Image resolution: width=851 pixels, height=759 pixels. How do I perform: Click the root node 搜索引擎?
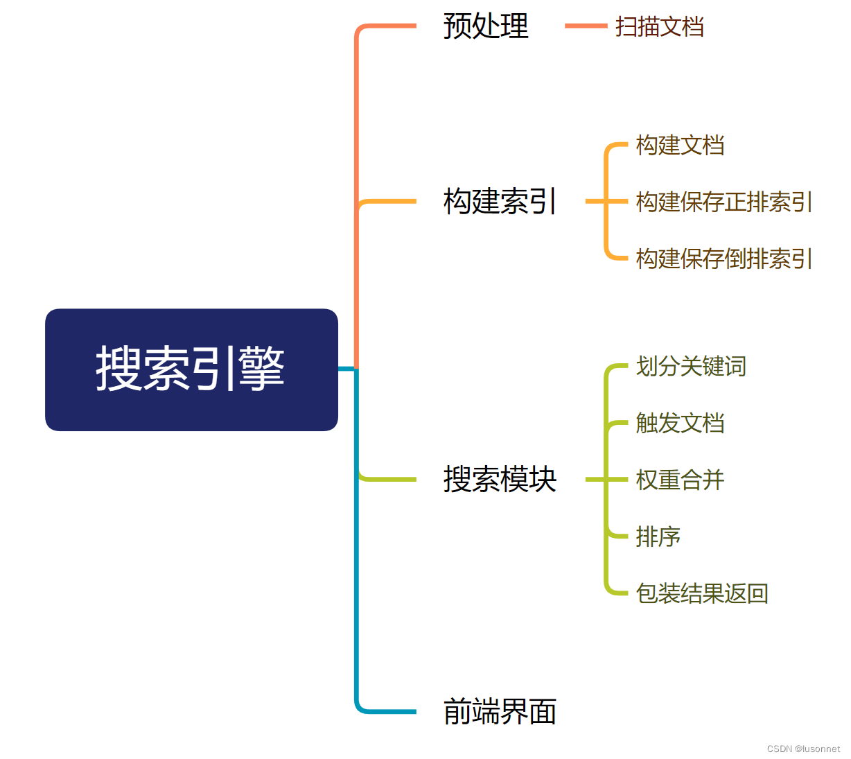(191, 369)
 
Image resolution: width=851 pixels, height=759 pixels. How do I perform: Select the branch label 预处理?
(486, 26)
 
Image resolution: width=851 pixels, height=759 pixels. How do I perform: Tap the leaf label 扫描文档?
(659, 27)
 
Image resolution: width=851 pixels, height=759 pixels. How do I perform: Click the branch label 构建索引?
(499, 202)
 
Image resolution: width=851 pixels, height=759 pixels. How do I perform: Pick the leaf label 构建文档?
(680, 146)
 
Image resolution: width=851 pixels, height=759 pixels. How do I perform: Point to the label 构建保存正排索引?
(723, 202)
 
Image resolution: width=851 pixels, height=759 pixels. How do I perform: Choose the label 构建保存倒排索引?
(723, 259)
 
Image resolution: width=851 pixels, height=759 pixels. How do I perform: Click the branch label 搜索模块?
(500, 480)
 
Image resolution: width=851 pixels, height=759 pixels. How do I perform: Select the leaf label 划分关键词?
(691, 366)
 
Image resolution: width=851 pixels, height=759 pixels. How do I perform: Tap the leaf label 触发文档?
(680, 423)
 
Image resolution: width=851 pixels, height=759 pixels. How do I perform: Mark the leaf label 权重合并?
(680, 480)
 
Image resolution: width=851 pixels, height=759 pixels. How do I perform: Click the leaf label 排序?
(658, 536)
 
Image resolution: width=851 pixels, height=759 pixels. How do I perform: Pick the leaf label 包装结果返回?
(702, 593)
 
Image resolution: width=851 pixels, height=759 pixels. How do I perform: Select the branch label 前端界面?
(500, 712)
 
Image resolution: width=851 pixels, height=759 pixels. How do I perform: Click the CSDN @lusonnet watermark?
(803, 749)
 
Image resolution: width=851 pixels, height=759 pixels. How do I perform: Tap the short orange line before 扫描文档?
(586, 26)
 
